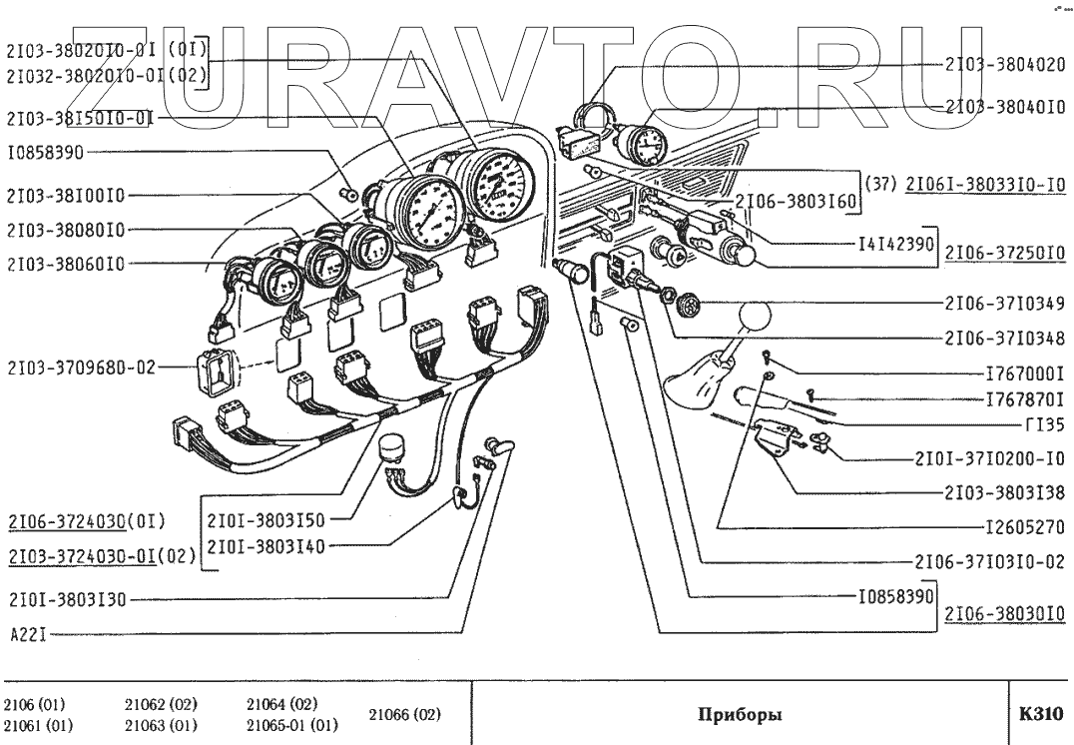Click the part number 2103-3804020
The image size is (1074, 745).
coord(1004,65)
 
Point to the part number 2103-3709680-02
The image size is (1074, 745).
coord(79,367)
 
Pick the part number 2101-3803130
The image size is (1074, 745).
coord(67,600)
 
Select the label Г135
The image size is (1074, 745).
coord(1046,423)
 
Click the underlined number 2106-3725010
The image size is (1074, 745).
coord(1005,256)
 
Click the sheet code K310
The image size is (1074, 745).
coord(1041,714)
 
